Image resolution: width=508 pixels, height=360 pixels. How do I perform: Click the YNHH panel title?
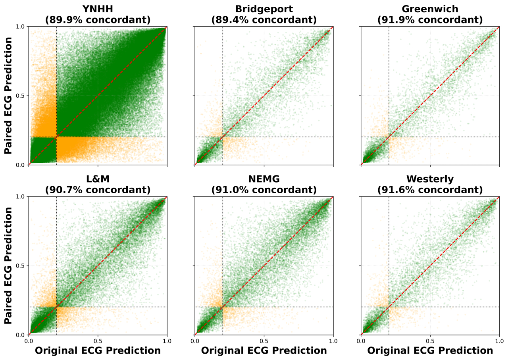coord(98,9)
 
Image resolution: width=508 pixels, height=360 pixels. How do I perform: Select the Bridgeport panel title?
coord(264,9)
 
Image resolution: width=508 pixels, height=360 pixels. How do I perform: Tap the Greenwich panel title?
coord(430,9)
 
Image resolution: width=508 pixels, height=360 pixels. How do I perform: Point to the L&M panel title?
coord(98,179)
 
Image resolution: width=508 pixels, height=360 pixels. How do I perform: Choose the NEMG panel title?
coord(264,179)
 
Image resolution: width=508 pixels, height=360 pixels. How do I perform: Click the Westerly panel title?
coord(430,179)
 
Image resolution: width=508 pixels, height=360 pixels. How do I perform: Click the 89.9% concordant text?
coord(98,20)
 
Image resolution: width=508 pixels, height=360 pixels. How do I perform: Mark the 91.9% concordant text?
coord(430,20)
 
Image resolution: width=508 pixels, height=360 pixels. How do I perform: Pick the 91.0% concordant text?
coord(264,190)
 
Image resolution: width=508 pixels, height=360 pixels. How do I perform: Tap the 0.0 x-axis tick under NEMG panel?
coord(195,341)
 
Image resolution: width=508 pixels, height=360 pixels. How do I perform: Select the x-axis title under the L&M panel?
coord(98,351)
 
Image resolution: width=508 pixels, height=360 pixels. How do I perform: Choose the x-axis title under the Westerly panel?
coord(430,351)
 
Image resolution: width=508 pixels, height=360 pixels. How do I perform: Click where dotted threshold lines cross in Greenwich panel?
coord(389,137)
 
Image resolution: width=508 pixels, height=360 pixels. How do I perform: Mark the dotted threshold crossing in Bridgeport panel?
coord(223,137)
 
